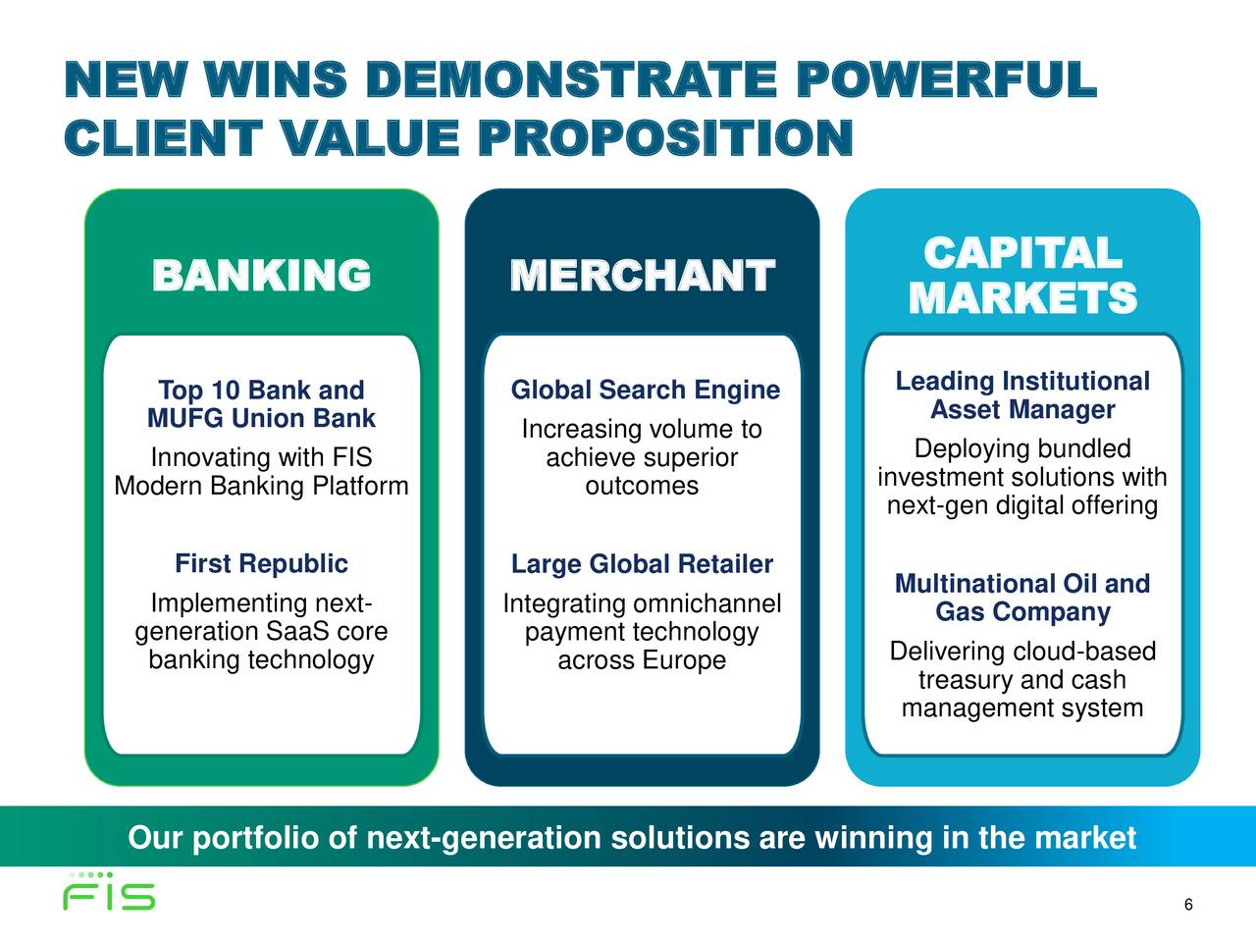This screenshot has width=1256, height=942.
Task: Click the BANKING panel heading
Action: (261, 275)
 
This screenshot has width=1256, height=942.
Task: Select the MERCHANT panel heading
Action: (642, 275)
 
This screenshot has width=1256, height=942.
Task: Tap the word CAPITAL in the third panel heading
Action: (1022, 252)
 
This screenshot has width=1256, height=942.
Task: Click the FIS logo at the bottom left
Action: (109, 892)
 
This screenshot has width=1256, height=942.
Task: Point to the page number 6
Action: (1188, 905)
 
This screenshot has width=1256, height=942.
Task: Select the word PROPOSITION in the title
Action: (665, 137)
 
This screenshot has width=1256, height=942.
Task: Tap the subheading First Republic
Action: (261, 563)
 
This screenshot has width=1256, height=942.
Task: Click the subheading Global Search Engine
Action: (646, 391)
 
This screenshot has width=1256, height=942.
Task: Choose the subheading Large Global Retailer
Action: (642, 564)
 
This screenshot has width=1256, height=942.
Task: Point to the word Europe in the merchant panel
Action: (684, 660)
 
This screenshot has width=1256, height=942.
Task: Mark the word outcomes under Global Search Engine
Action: (642, 486)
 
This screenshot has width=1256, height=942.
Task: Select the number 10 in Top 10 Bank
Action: (226, 391)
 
